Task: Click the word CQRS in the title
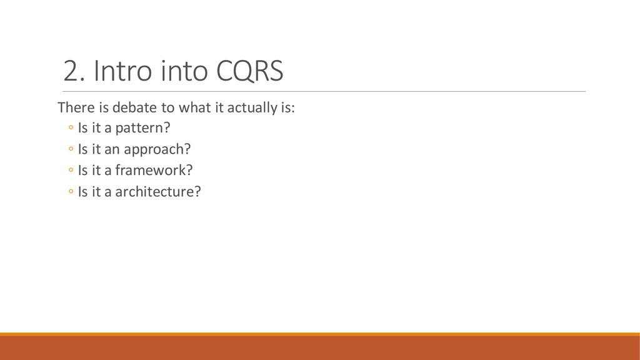click(x=249, y=71)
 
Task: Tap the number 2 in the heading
click(x=71, y=71)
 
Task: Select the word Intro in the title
click(x=123, y=71)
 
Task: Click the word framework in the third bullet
click(x=150, y=170)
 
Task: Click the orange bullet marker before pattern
click(x=71, y=127)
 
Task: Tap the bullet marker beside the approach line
click(x=71, y=149)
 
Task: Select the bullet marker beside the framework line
click(x=71, y=170)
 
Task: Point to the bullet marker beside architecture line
click(x=71, y=191)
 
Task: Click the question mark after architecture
click(x=197, y=191)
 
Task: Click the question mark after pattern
click(x=166, y=127)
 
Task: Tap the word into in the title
click(x=184, y=71)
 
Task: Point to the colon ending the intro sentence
click(x=292, y=109)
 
